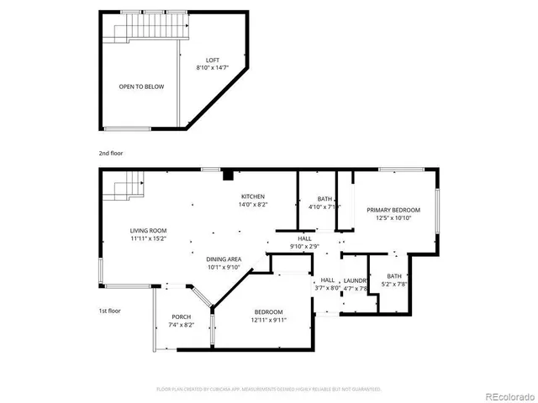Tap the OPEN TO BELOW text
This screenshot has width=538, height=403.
[x=141, y=86]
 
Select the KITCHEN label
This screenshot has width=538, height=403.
[x=252, y=196]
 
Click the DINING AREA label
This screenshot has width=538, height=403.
[x=224, y=259]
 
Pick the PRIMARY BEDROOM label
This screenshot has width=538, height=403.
[x=393, y=210]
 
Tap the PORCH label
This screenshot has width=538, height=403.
[x=181, y=317]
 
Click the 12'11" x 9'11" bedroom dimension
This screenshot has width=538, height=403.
[x=271, y=320]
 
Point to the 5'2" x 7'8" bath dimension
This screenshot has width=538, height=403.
[x=394, y=284]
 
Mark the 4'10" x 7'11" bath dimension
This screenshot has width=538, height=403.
[x=324, y=207]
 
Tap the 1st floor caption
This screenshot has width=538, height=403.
[x=109, y=311]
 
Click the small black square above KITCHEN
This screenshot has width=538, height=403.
[x=227, y=175]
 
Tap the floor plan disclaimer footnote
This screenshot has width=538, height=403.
[x=269, y=390]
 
